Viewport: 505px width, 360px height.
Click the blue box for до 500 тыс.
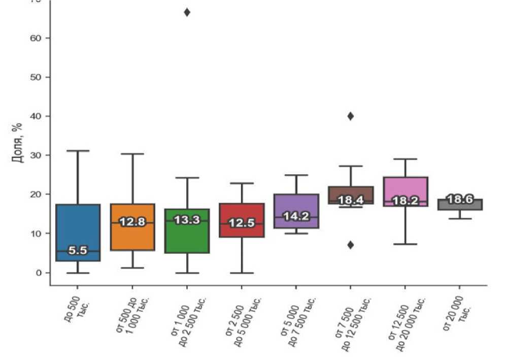tap(78, 223)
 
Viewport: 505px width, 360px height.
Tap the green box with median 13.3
tap(187, 239)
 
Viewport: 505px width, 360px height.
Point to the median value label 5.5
tap(78, 251)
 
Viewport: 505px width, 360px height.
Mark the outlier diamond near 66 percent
tap(187, 12)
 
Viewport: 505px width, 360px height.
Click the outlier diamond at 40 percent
tap(350, 116)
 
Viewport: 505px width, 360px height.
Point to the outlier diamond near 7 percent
tap(350, 245)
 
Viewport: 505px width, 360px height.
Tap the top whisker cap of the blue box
tap(78, 151)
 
